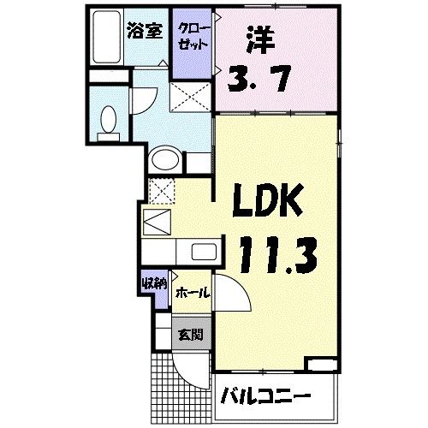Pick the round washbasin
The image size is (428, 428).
[164, 160]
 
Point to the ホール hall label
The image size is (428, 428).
[192, 292]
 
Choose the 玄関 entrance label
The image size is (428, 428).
[190, 335]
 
